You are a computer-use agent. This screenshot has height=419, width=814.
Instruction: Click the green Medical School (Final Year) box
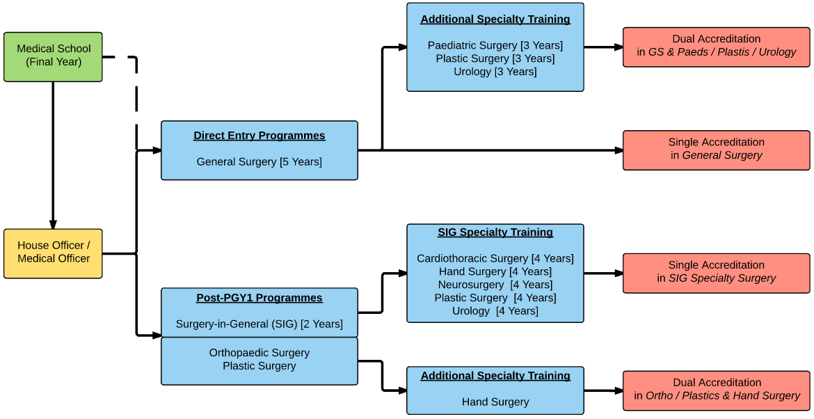53,56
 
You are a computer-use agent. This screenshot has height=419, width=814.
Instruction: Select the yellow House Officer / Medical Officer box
53,253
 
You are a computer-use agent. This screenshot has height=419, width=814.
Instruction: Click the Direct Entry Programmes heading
259,136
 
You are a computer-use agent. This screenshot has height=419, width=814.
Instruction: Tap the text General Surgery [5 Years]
259,161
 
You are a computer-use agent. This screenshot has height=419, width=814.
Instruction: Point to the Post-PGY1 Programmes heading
259,298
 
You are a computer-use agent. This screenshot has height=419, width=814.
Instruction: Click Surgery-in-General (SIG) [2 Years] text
259,324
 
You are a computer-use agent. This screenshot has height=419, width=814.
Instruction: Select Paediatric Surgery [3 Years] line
495,45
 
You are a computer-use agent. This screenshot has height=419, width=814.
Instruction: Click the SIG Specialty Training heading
495,232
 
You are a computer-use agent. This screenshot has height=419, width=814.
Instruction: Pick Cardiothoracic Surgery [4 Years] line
495,258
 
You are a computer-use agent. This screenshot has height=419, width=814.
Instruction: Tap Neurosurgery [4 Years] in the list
495,285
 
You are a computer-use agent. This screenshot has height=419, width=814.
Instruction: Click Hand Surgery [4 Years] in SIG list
495,271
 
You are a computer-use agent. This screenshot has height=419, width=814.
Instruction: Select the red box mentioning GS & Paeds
716,46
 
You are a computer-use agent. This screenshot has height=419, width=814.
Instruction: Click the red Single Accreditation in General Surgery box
716,149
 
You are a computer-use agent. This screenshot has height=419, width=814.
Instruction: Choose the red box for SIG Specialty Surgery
716,271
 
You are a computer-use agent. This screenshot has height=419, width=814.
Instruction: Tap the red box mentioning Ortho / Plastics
716,390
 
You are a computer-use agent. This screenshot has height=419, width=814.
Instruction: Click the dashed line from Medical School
136,97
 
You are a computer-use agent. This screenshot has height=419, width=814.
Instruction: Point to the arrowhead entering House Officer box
53,223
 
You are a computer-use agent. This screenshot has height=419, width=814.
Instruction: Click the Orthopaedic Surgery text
259,353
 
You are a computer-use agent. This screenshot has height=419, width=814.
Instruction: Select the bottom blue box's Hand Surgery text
495,402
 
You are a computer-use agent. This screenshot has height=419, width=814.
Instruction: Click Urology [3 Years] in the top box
495,72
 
